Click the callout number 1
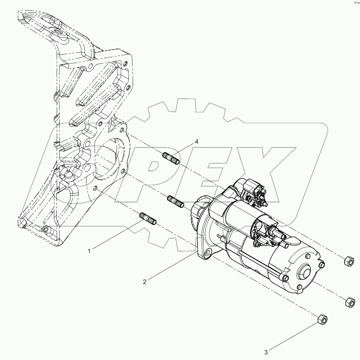[89, 251]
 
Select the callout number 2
[144, 281]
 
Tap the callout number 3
[266, 352]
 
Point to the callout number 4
[196, 142]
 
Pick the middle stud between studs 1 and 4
[176, 201]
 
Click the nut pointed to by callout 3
[322, 319]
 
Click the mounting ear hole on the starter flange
[208, 253]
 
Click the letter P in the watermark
[165, 168]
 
